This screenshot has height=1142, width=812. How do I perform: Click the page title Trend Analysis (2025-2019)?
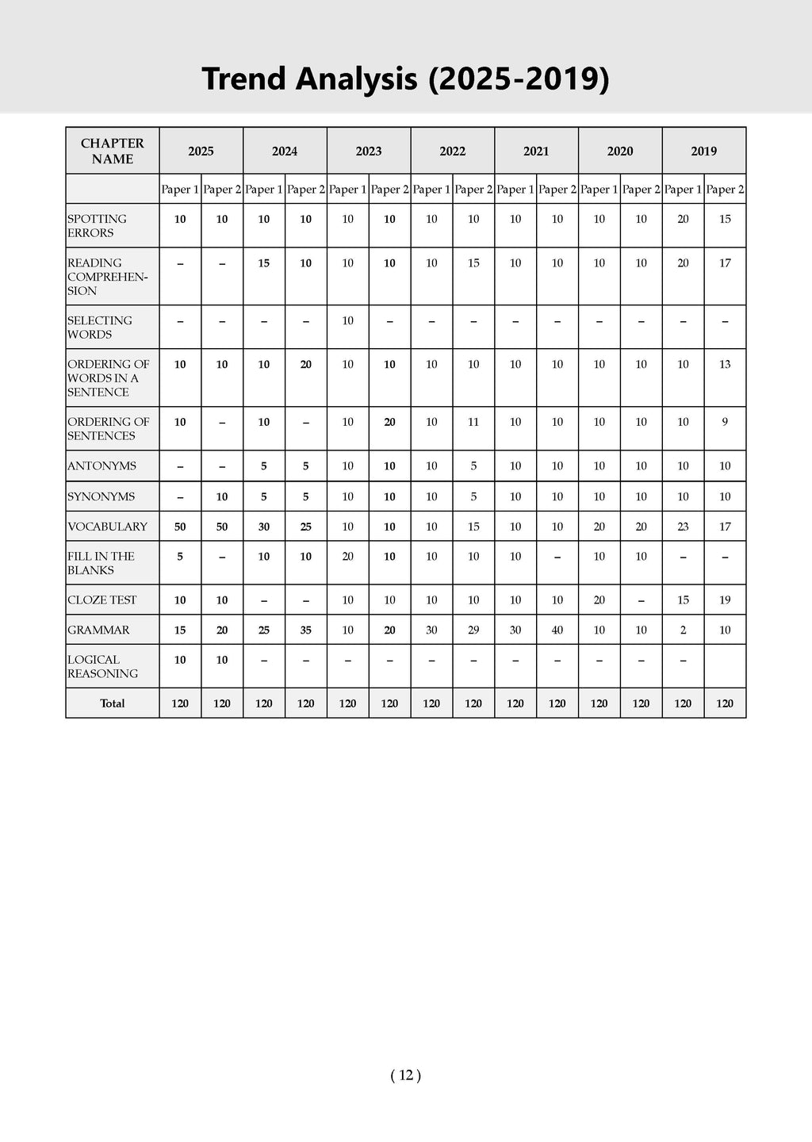[x=405, y=79]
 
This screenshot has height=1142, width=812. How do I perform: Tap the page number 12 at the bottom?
[x=405, y=1075]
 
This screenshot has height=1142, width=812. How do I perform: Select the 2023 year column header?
[x=369, y=151]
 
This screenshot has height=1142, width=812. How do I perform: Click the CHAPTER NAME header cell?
[x=113, y=151]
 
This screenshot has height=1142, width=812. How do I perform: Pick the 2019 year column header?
[x=703, y=151]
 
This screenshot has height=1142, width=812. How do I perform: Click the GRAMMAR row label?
[x=98, y=630]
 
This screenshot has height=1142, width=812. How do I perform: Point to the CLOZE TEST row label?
[x=102, y=600]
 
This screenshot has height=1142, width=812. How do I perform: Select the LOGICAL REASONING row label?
[x=102, y=666]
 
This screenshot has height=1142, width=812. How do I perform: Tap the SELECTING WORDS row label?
[x=100, y=328]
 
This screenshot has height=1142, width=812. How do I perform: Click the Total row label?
[x=113, y=703]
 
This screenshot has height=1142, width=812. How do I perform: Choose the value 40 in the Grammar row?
[x=557, y=630]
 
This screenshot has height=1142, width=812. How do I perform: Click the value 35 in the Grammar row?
[x=306, y=630]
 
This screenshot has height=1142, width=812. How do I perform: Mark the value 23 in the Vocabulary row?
[x=683, y=527]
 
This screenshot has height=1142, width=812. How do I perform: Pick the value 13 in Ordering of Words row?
[x=725, y=364]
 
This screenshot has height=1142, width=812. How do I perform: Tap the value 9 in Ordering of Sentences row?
[x=725, y=422]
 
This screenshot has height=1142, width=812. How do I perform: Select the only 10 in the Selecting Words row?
[x=347, y=320]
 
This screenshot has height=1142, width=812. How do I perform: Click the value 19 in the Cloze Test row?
[x=725, y=600]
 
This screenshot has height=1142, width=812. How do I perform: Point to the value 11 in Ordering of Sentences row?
[x=473, y=422]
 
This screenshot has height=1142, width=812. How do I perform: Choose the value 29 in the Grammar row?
[x=473, y=630]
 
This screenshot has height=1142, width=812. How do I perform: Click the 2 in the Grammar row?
[x=683, y=630]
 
